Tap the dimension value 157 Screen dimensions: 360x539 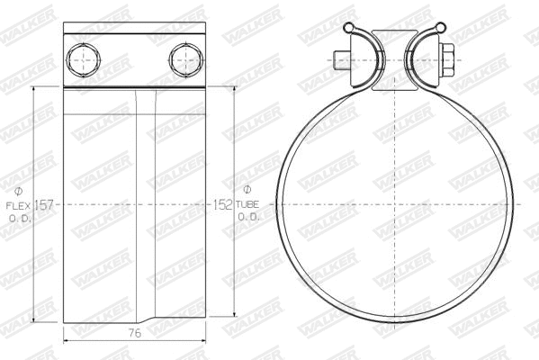(46, 205)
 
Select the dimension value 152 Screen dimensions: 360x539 (222, 205)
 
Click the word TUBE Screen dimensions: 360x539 (249, 205)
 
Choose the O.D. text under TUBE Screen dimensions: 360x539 (249, 218)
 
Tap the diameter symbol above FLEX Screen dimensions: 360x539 (20, 192)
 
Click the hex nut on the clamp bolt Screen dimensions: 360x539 (445, 61)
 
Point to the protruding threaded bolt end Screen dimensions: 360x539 (338, 61)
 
